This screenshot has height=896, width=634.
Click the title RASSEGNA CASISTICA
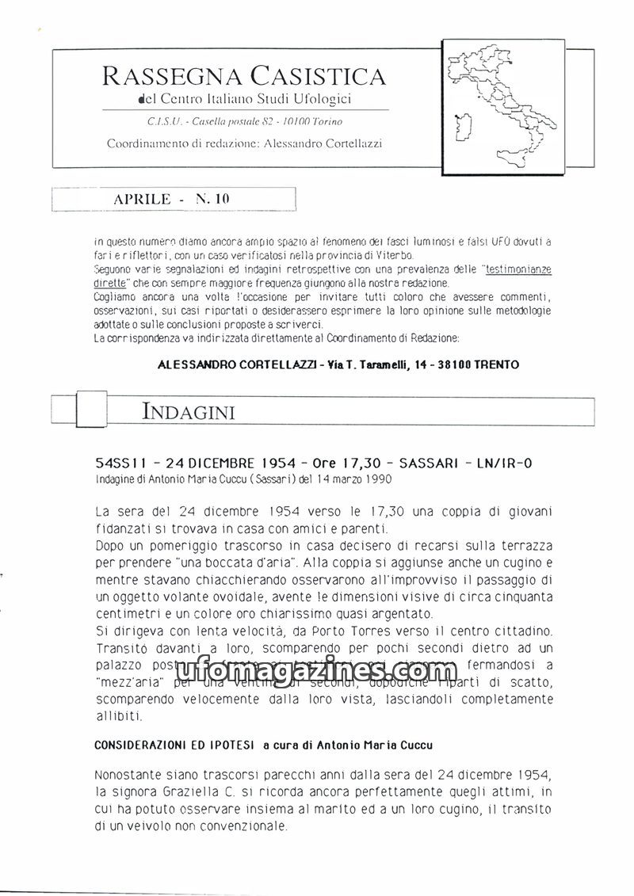pyautogui.click(x=244, y=76)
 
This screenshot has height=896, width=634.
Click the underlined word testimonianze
pyautogui.click(x=519, y=269)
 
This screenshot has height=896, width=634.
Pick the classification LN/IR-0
pyautogui.click(x=505, y=463)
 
